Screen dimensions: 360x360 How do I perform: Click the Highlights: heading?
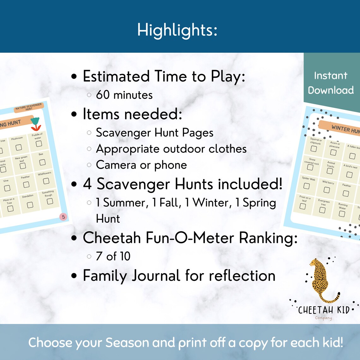(177, 30)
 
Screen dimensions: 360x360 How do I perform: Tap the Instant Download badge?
(331, 83)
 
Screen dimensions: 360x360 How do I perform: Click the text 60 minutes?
(124, 95)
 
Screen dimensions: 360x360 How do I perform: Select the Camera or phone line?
(141, 165)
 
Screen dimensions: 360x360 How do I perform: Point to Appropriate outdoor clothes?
(171, 149)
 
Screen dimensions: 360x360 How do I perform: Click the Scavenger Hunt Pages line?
(154, 133)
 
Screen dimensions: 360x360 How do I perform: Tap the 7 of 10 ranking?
(113, 256)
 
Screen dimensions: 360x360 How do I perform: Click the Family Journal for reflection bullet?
(179, 275)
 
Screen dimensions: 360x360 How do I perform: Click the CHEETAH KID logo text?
(324, 310)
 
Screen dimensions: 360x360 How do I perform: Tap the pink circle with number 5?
(63, 217)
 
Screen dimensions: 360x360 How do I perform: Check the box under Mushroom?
(19, 147)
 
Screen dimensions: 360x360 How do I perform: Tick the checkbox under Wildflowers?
(46, 181)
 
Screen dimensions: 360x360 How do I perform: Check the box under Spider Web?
(306, 186)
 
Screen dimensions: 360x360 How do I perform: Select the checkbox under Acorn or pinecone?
(333, 153)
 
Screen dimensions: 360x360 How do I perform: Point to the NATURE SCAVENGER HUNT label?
(29, 107)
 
